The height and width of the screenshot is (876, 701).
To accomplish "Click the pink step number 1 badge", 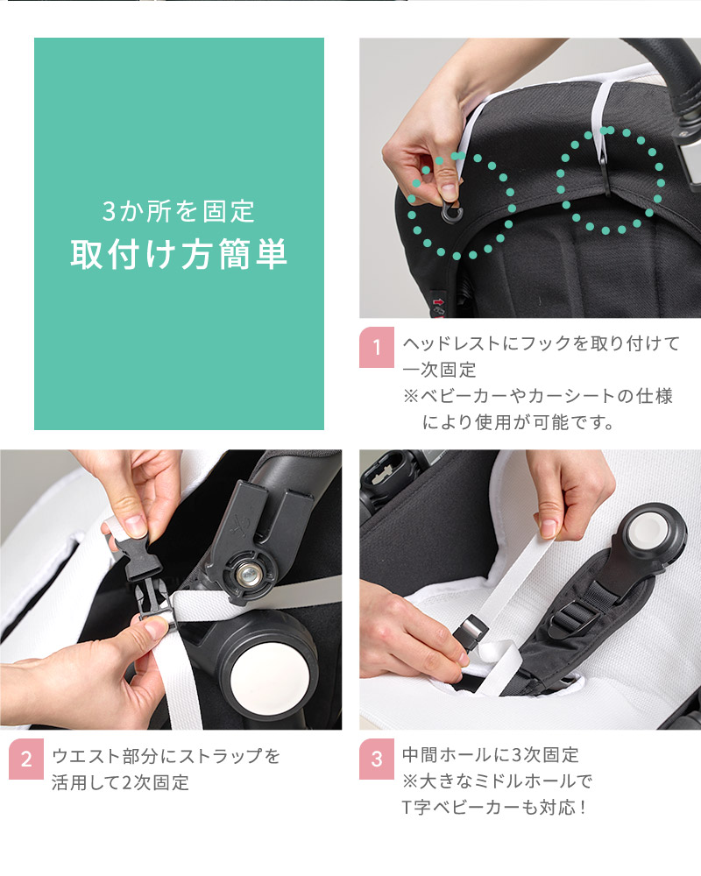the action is (x=377, y=347).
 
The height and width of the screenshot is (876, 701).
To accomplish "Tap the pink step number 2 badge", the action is (x=26, y=759).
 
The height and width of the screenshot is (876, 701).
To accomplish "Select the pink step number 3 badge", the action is (x=377, y=759).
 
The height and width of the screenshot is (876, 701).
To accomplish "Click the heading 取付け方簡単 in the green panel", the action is (x=179, y=254).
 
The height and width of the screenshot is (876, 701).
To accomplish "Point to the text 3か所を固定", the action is (x=179, y=211).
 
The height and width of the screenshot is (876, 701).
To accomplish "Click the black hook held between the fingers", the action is (x=451, y=212).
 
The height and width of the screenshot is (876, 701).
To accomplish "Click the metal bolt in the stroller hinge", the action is (x=248, y=573).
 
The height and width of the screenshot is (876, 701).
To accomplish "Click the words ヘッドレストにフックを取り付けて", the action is (x=542, y=343).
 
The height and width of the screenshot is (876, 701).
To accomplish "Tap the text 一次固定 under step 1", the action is (x=439, y=370).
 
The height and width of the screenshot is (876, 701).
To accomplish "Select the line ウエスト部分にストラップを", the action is (x=166, y=756).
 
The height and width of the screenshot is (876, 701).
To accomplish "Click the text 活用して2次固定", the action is (x=121, y=782).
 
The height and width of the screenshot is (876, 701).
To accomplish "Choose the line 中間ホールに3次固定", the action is (x=490, y=755).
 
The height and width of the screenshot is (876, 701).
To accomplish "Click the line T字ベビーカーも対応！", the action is (x=494, y=808).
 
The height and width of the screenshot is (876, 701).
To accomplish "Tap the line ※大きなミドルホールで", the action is (x=497, y=781).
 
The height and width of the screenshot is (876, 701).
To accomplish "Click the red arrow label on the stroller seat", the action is (x=438, y=302).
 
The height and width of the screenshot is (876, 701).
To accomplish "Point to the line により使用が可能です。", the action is (x=518, y=422).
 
